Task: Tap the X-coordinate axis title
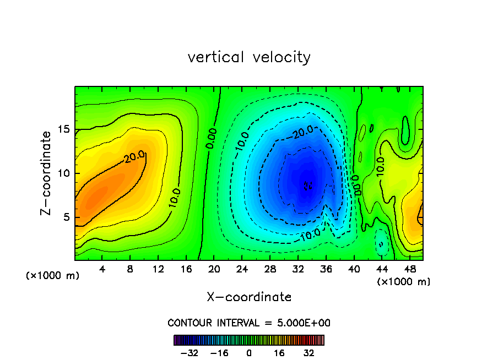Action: coord(249,297)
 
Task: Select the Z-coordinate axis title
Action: coord(47,173)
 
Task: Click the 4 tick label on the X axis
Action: coord(102,270)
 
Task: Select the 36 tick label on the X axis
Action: coord(326,270)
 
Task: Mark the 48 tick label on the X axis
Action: coord(409,270)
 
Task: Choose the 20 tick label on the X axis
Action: coord(214,270)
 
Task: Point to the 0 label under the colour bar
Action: coord(249,353)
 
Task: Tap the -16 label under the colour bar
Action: coord(219,353)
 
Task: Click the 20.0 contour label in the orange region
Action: coord(134,157)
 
